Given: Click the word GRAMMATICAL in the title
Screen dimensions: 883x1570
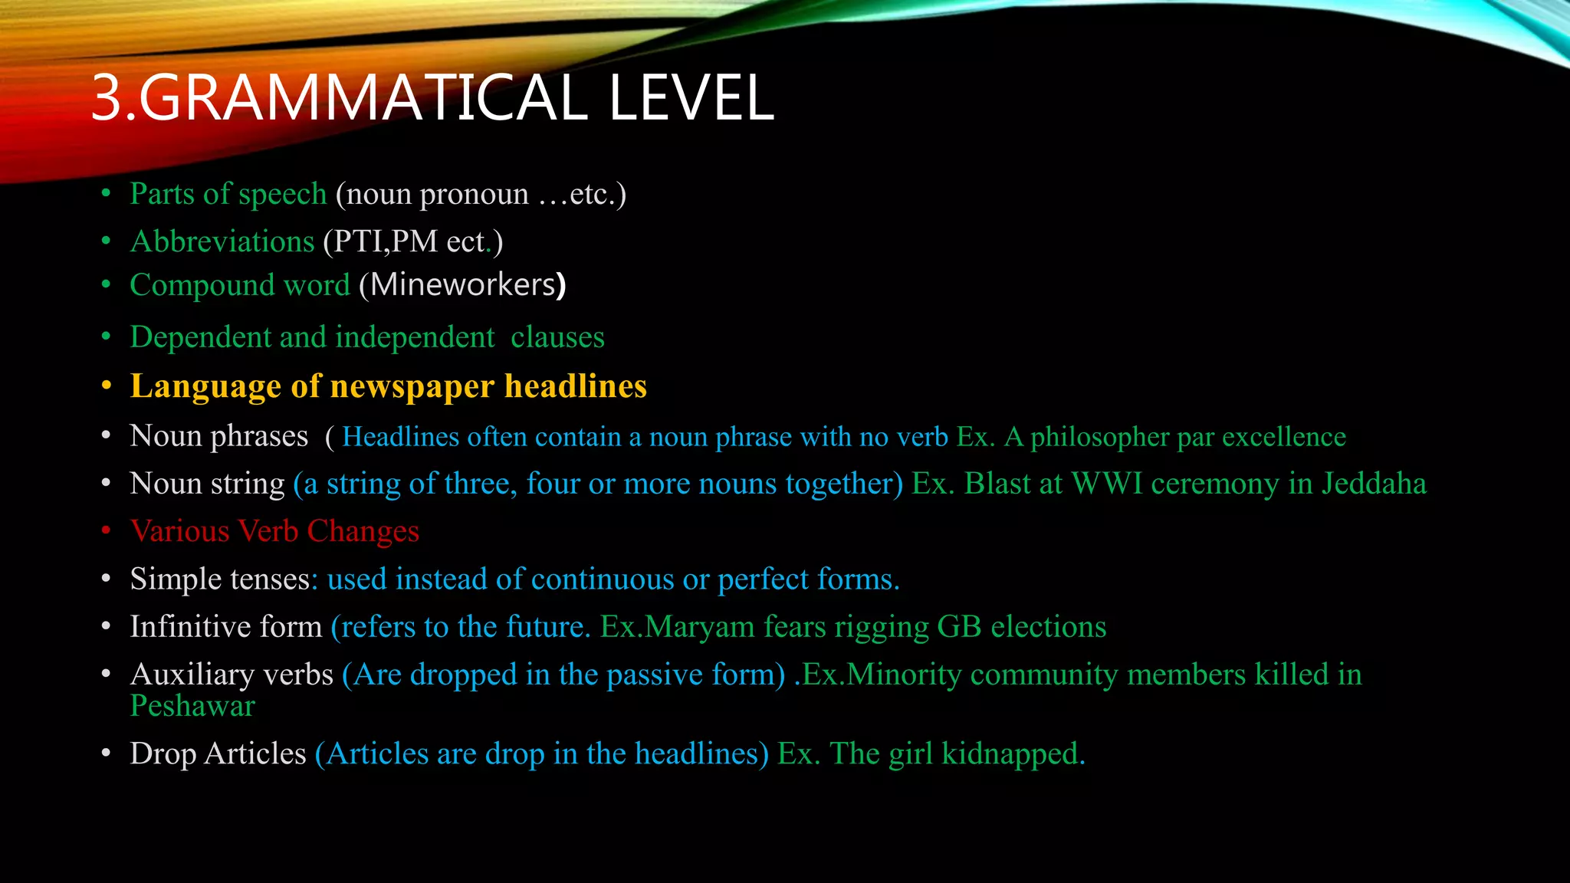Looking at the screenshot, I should pyautogui.click(x=360, y=98).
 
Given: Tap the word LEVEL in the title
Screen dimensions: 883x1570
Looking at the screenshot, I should pyautogui.click(x=691, y=98).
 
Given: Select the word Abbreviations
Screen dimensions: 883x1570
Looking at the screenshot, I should pyautogui.click(x=222, y=241).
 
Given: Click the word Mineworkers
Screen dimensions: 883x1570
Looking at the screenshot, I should pyautogui.click(x=463, y=285).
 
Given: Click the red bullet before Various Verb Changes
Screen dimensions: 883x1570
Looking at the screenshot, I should pyautogui.click(x=107, y=530).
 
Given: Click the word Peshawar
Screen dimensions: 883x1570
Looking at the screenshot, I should pyautogui.click(x=192, y=706).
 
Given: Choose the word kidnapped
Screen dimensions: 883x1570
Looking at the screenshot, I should pyautogui.click(x=1013, y=754).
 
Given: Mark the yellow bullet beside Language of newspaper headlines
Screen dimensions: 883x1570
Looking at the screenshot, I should pyautogui.click(x=107, y=386).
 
